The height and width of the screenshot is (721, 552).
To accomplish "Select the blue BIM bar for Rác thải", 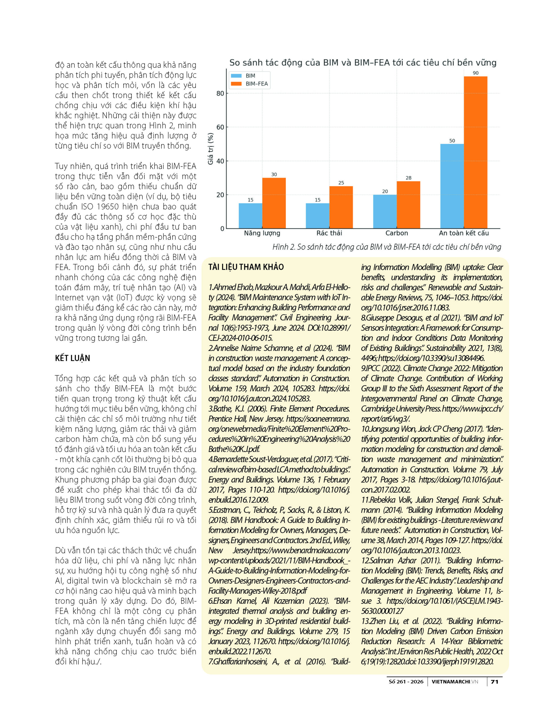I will click(317, 216).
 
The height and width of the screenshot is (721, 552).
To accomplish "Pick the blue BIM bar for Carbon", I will click(385, 212).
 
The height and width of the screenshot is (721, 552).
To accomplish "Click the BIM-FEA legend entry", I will click(257, 84).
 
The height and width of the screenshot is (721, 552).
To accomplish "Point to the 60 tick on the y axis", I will click(220, 127).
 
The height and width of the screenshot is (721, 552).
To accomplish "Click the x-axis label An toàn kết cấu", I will click(464, 233).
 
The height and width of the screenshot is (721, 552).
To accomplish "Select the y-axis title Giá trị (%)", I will click(210, 148).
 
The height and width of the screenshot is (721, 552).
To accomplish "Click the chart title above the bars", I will click(363, 62).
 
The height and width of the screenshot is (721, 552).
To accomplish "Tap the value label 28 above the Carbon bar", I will click(408, 178).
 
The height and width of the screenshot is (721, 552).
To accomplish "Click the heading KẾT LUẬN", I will click(72, 358).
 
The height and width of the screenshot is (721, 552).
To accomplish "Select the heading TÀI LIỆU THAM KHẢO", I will click(246, 267).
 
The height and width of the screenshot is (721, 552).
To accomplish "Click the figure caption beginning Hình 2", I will click(386, 247).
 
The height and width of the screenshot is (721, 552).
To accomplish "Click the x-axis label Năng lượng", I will click(262, 233).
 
